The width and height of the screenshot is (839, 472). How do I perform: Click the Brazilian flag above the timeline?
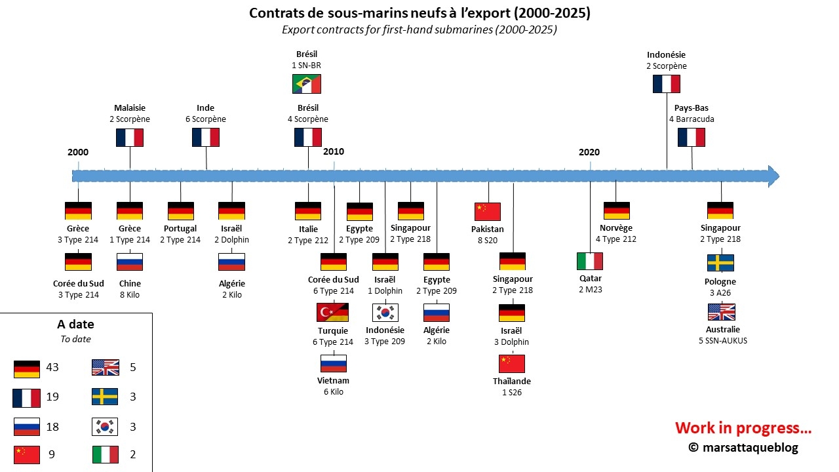(307, 84)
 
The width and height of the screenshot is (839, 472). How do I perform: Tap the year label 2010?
(334, 151)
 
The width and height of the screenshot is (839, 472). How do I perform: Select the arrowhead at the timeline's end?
(773, 176)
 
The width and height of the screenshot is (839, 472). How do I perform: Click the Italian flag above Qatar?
(590, 262)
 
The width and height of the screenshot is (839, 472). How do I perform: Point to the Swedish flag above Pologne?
(720, 263)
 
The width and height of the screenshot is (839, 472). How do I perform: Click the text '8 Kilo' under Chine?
(130, 295)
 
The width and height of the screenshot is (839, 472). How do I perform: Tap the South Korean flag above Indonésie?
(385, 313)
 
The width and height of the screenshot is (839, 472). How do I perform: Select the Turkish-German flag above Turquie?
(333, 313)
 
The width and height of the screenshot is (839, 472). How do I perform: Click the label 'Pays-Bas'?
(691, 108)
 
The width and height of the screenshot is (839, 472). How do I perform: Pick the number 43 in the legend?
(52, 367)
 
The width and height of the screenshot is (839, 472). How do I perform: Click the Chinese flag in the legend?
(27, 454)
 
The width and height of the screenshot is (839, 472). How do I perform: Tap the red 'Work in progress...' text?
(743, 428)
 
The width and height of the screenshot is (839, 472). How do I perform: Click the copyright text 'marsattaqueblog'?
(751, 447)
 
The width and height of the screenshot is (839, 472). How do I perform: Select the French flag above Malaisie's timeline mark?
(130, 137)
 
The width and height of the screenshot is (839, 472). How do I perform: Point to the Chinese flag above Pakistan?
(488, 212)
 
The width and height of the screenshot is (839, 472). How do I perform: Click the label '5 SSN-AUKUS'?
(723, 341)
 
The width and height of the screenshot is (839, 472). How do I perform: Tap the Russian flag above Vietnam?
(333, 364)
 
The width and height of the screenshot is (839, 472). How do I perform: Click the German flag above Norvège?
(616, 210)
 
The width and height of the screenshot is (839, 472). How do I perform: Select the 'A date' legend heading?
(76, 324)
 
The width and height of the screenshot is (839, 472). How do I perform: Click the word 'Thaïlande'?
(512, 382)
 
